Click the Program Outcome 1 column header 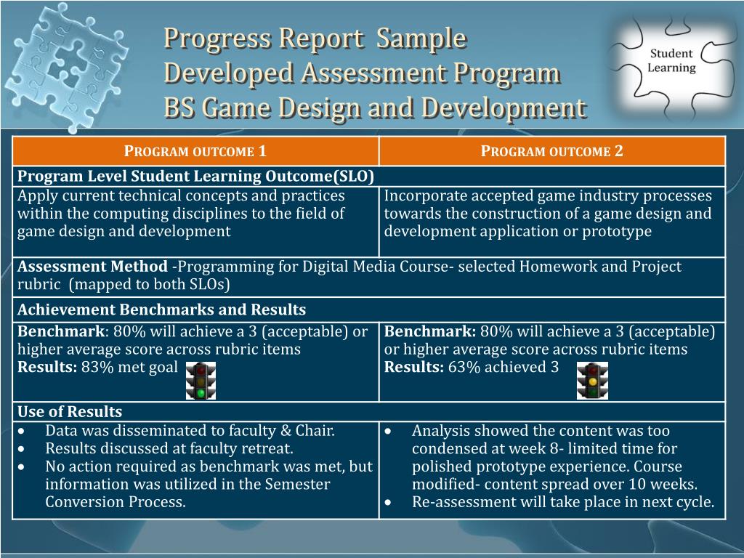pyautogui.click(x=195, y=151)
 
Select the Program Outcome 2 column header pyautogui.click(x=552, y=151)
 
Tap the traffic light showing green pyautogui.click(x=201, y=381)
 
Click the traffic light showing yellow pyautogui.click(x=592, y=381)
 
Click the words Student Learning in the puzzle pyautogui.click(x=671, y=60)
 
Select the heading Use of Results pyautogui.click(x=70, y=411)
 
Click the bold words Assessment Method pyautogui.click(x=92, y=266)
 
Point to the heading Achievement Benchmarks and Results pyautogui.click(x=162, y=310)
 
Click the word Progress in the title pyautogui.click(x=218, y=39)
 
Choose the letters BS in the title pyautogui.click(x=179, y=108)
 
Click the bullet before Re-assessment pyautogui.click(x=389, y=502)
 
